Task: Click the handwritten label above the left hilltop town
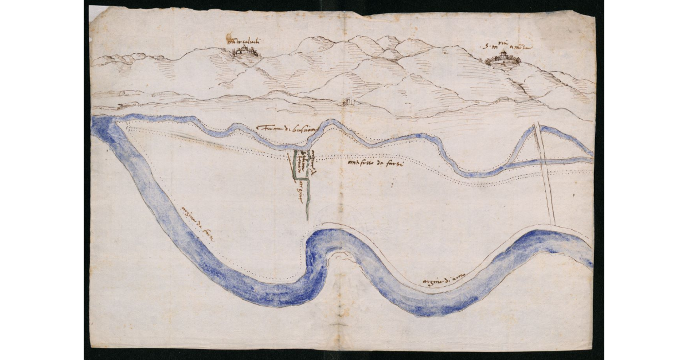point(243,41)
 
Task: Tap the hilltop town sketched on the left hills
point(246,52)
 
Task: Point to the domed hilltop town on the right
point(503,58)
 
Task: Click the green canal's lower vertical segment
point(308,198)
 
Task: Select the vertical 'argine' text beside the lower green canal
point(299,193)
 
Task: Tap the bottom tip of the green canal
point(307,218)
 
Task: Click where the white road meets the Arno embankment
point(553,223)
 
